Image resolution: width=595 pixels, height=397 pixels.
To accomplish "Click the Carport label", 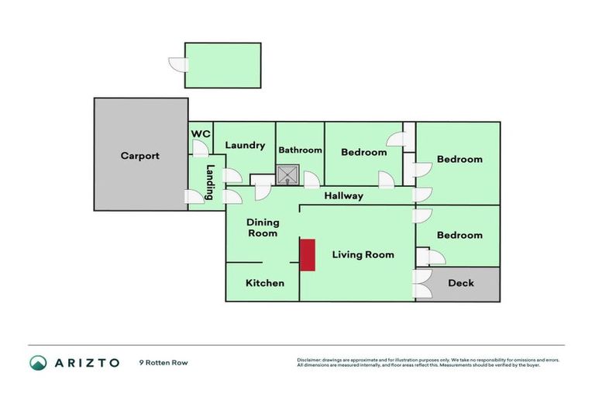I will tap(140, 156).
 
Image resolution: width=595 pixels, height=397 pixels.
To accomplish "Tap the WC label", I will tap(201, 133).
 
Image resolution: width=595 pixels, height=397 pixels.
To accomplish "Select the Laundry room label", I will tap(245, 145).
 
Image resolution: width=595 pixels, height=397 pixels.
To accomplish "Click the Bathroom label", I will tap(300, 150).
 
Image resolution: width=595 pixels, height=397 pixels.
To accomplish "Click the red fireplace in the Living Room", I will tap(308, 254).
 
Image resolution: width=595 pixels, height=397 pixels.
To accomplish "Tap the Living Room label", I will tap(363, 254).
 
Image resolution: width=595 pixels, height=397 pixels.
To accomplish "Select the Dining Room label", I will tap(262, 228).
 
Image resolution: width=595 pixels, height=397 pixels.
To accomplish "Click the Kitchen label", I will tap(265, 283).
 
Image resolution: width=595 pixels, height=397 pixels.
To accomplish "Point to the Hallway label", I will tap(343, 195).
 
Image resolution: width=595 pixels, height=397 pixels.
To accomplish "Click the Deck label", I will tap(461, 283).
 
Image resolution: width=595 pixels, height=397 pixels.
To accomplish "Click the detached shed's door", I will tap(179, 71).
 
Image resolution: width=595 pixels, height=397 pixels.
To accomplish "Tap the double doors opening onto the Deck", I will tap(423, 285).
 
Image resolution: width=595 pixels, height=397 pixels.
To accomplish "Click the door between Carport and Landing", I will tap(193, 198).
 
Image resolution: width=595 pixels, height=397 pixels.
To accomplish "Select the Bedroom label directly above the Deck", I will tap(459, 235).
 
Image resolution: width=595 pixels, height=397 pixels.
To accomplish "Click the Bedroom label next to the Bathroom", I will tap(363, 152).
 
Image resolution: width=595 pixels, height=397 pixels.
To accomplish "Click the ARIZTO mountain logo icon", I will tap(38, 362).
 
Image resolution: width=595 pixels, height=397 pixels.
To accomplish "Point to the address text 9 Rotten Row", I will tap(163, 362).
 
